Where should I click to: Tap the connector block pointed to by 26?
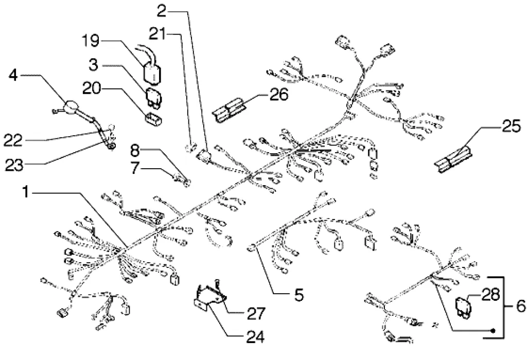230,111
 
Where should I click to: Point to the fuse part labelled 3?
154,96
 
